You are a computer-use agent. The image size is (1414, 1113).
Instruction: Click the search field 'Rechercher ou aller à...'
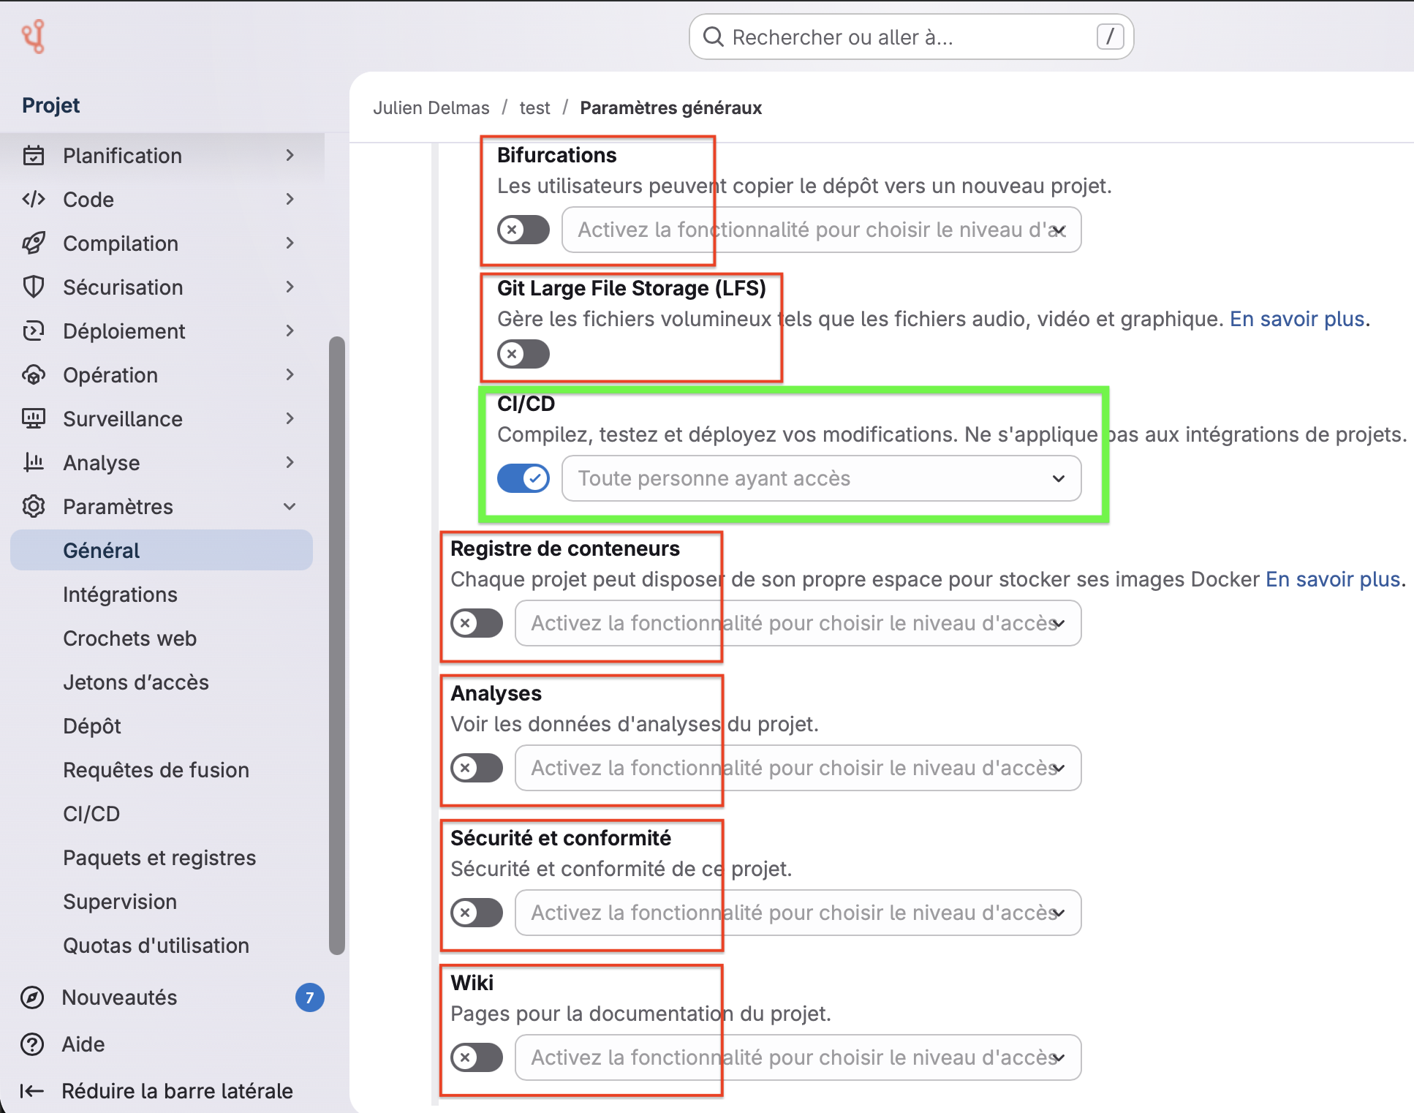[911, 37]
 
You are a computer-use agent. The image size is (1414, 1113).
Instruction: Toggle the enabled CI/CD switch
[523, 478]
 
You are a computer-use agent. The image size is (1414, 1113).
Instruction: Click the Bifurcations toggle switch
[523, 230]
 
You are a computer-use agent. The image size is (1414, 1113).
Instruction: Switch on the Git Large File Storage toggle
[523, 354]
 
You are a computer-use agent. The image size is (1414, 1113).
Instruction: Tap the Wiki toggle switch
[477, 1057]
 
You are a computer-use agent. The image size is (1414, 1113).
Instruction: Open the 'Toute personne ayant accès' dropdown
[821, 478]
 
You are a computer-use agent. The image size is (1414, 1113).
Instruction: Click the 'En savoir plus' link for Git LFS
[1297, 319]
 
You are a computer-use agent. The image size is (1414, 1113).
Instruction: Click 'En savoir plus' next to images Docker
[1333, 579]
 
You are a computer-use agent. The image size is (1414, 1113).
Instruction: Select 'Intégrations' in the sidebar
[120, 595]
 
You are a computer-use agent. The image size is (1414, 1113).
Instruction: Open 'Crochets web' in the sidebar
[129, 638]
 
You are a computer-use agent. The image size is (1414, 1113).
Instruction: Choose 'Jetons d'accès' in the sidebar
[136, 682]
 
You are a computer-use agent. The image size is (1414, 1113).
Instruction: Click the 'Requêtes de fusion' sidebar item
[156, 770]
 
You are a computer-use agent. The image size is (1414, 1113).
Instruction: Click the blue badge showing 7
[310, 997]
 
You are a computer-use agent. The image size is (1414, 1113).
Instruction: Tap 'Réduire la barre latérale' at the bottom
[156, 1091]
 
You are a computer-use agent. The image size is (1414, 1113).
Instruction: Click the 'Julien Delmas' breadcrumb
[431, 107]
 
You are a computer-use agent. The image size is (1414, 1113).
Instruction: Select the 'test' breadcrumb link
[534, 107]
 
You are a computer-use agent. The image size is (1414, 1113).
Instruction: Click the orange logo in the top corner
[33, 37]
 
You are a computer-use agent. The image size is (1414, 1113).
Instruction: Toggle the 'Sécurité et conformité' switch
[477, 913]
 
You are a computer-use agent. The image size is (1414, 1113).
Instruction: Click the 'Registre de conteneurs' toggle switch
[477, 623]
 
